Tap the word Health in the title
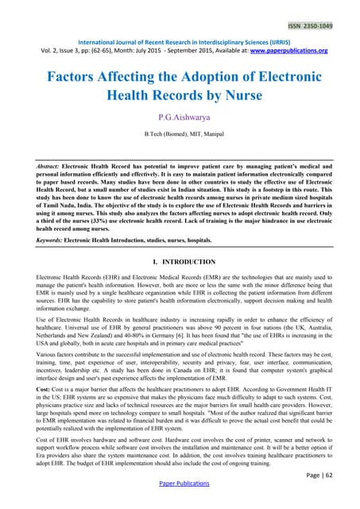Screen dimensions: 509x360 (x=130, y=103)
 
